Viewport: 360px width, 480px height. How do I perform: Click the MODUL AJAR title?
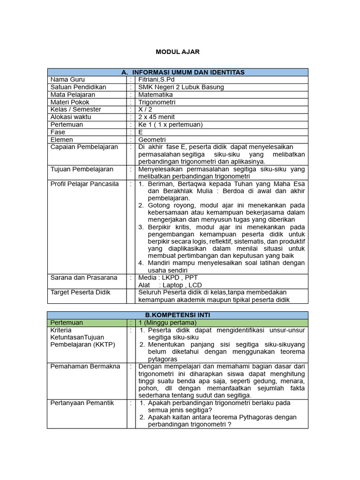pyautogui.click(x=178, y=52)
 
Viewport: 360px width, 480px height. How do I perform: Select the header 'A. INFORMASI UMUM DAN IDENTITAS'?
pyautogui.click(x=183, y=72)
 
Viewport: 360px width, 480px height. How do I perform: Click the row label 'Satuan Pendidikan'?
pyautogui.click(x=78, y=87)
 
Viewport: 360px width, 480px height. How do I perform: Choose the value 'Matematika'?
pyautogui.click(x=156, y=95)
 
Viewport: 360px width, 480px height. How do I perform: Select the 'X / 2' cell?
pyautogui.click(x=146, y=109)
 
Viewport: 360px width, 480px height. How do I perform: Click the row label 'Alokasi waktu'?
pyautogui.click(x=71, y=117)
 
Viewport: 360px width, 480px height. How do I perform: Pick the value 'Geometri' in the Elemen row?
pyautogui.click(x=152, y=139)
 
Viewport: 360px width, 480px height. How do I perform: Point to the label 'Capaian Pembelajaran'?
pyautogui.click(x=84, y=147)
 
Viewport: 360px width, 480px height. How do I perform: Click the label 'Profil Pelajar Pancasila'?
pyautogui.click(x=85, y=184)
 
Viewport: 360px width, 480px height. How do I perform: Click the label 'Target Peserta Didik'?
pyautogui.click(x=81, y=292)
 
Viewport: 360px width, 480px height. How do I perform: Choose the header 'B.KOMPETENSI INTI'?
pyautogui.click(x=178, y=315)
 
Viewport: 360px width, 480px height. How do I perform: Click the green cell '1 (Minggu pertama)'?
pyautogui.click(x=167, y=322)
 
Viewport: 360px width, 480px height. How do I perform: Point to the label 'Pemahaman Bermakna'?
pyautogui.click(x=85, y=366)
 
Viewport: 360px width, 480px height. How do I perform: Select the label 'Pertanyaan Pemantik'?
pyautogui.click(x=82, y=403)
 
